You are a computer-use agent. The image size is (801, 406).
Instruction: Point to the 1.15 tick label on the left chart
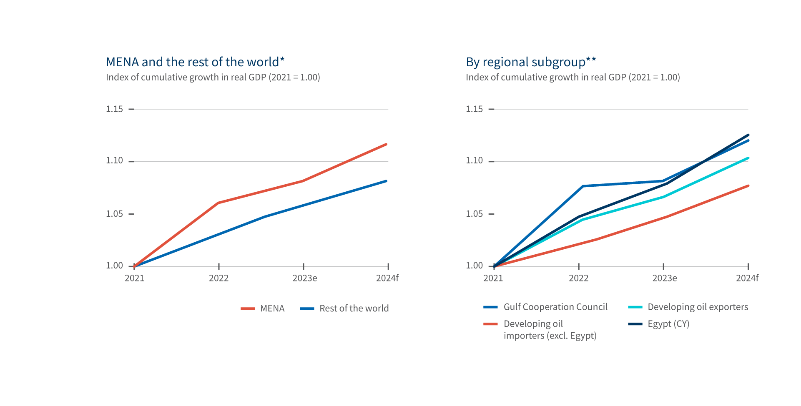[114, 109]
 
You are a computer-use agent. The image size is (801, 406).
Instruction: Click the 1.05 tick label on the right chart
[474, 214]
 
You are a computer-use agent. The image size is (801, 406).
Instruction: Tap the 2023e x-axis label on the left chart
[304, 278]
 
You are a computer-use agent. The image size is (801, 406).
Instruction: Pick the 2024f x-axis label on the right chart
[747, 278]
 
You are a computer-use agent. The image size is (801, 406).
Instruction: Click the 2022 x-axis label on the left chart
[218, 278]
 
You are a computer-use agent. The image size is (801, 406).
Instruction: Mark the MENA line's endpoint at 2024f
[387, 144]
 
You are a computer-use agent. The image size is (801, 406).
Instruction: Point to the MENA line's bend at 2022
[218, 203]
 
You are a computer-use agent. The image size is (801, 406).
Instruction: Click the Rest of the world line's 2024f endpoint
[387, 181]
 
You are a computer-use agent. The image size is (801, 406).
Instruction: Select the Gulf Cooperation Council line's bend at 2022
[583, 186]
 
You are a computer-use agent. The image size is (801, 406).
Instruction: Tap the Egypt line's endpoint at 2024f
[748, 135]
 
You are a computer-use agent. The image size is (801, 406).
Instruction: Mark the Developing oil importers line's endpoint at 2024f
[748, 186]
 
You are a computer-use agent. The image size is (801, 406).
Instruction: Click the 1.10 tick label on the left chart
[114, 161]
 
